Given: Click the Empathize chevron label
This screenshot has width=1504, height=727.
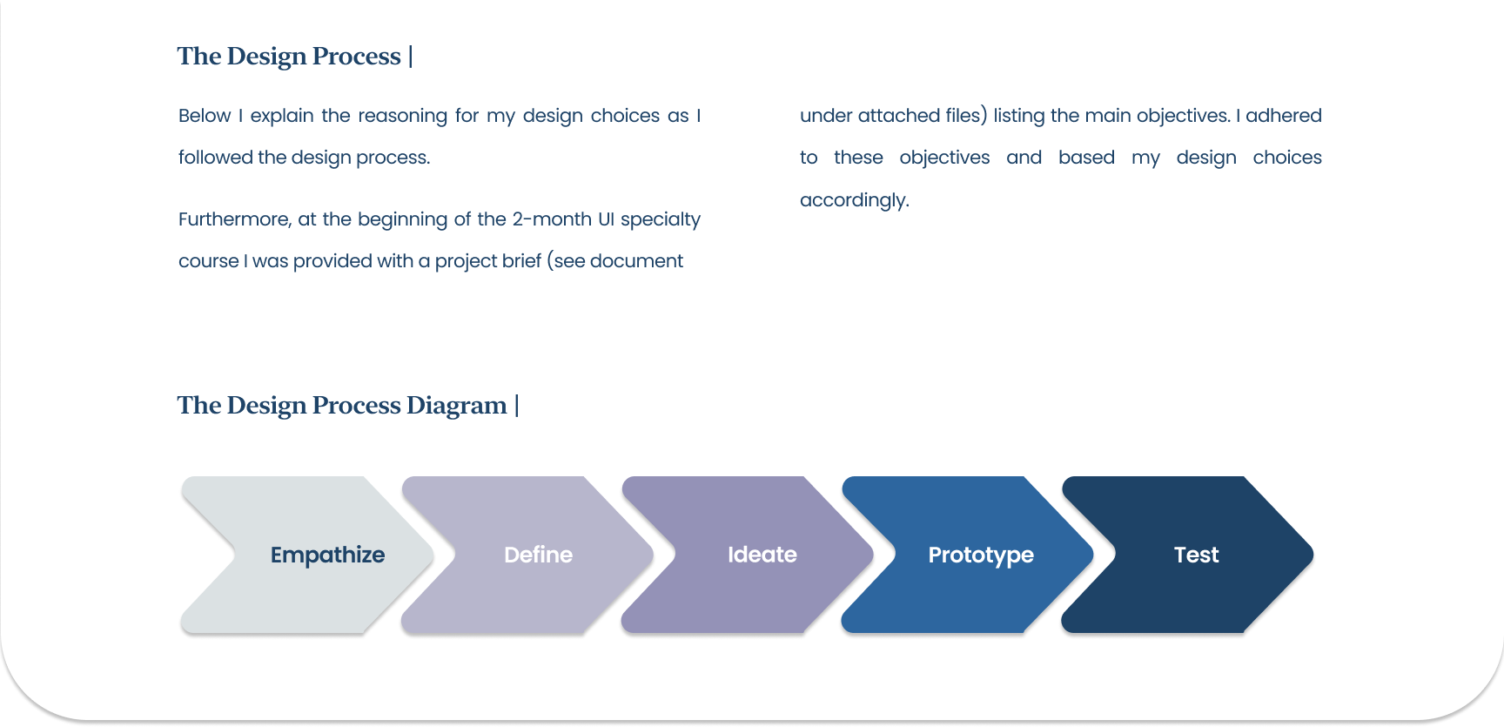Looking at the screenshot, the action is (x=327, y=555).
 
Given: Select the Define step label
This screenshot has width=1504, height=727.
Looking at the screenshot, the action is (x=538, y=555).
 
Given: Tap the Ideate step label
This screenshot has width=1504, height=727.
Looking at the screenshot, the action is (x=762, y=555).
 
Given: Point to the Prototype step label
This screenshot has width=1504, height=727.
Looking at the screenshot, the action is (x=981, y=555).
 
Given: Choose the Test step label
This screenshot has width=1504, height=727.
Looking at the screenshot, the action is (x=1196, y=555).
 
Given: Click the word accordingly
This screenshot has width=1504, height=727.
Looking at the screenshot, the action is (x=854, y=200).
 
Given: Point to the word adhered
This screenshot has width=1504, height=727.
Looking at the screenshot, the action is (x=1283, y=116).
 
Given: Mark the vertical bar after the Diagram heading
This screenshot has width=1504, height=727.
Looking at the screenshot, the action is (x=517, y=406).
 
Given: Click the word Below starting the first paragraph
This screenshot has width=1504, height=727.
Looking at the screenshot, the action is (x=205, y=116).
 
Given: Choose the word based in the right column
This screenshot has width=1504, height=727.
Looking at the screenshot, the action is (x=1086, y=158).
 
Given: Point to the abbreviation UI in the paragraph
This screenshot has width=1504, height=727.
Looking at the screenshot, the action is (x=606, y=219).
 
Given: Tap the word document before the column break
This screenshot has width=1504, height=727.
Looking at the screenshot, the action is (x=636, y=261).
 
